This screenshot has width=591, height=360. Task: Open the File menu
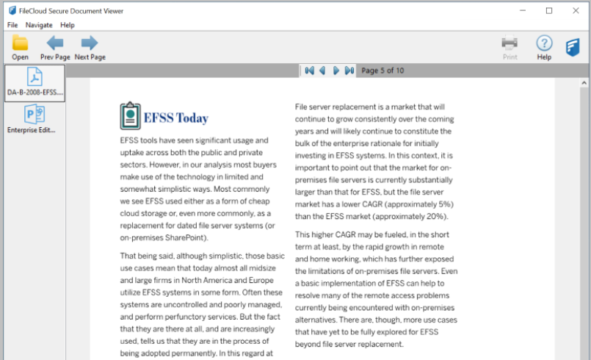pos(12,25)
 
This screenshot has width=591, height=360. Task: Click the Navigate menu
pos(39,25)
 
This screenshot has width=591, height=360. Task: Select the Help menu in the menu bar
pos(68,25)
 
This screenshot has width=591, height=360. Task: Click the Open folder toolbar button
pos(20,47)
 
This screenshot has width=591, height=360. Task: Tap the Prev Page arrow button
pos(54,47)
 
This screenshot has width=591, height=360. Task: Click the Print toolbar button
pos(510,47)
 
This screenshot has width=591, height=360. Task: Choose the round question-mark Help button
pos(544,47)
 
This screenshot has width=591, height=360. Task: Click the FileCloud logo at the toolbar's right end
pos(574,48)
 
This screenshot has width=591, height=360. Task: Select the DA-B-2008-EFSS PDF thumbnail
pos(35,82)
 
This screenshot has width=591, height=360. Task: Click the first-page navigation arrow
pos(309,71)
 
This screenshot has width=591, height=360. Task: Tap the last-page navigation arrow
pos(349,71)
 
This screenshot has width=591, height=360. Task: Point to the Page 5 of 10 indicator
pos(382,71)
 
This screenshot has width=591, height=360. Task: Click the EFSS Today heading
pos(176,118)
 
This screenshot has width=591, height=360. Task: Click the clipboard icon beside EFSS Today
pos(130,116)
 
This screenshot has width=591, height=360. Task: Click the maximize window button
pos(549,10)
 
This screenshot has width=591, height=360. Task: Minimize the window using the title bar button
pos(523,10)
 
